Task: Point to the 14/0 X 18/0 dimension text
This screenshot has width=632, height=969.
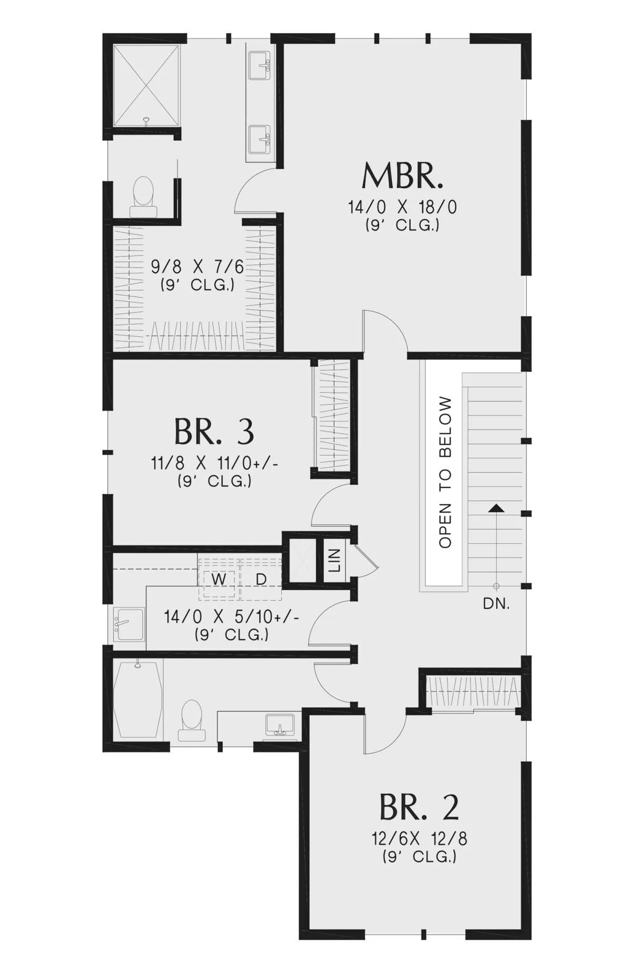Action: [402, 207]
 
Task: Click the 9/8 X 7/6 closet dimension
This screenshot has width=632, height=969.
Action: [197, 267]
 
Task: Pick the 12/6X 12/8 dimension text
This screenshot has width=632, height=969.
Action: [419, 838]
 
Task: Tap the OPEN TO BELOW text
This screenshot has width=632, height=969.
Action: [445, 472]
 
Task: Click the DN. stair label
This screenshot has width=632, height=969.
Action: [496, 604]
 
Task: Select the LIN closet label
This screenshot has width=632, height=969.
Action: [334, 560]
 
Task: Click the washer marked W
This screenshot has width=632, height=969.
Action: [219, 579]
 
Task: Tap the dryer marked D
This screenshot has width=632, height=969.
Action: [261, 579]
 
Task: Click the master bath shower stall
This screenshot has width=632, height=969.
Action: [146, 86]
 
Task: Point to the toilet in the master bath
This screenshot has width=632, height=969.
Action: [143, 197]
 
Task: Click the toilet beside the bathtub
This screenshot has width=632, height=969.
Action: [191, 720]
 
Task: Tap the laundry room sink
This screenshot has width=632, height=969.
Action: [129, 625]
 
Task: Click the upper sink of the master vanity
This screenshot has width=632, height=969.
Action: [260, 65]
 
